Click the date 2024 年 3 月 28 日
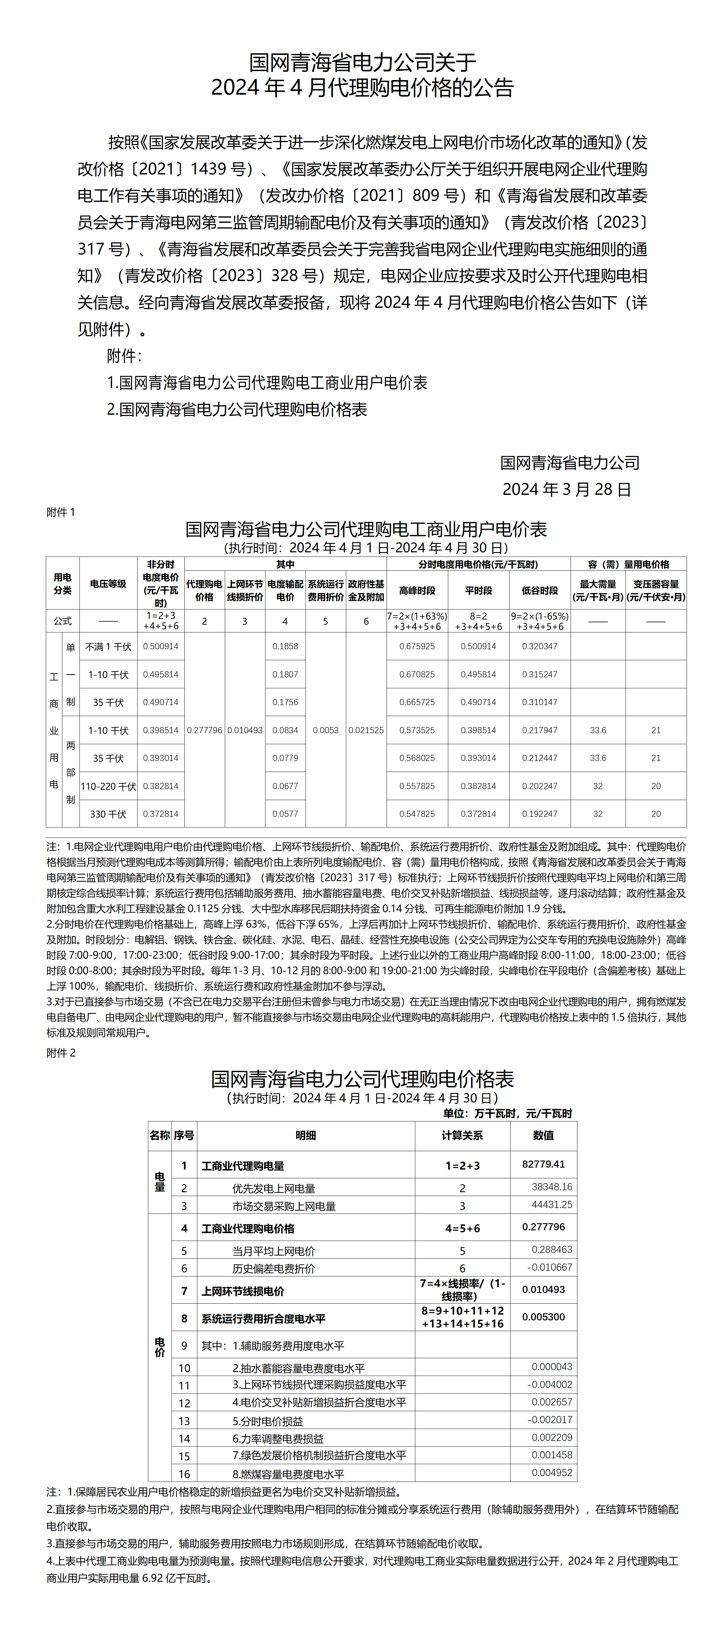(566, 489)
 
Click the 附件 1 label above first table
(61, 512)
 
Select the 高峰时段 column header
(417, 590)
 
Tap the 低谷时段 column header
(540, 590)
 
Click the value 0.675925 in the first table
(417, 646)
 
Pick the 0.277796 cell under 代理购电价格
(204, 730)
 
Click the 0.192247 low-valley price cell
(540, 814)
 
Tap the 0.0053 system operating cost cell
(326, 730)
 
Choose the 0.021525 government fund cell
(366, 730)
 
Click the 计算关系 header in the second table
(462, 1135)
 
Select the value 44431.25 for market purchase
(552, 1205)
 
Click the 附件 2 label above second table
(61, 1053)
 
